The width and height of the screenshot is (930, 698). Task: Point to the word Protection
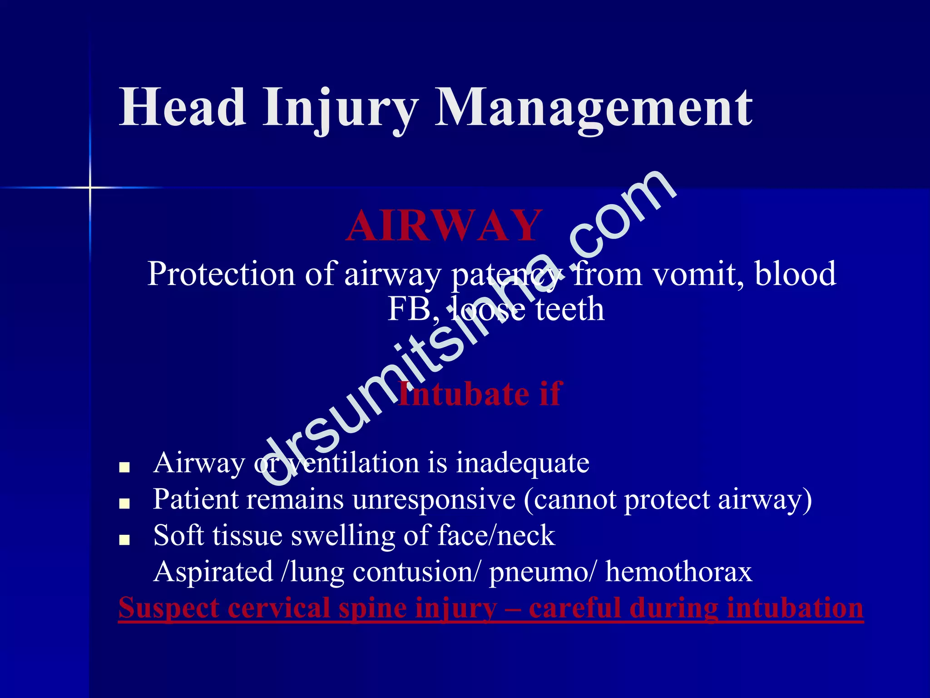221,274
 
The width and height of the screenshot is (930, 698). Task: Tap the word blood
795,274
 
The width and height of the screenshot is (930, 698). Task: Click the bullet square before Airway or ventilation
124,467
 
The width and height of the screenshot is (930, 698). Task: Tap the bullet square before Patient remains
124,504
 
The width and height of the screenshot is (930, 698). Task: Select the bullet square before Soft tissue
124,539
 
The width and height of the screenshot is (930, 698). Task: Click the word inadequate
522,463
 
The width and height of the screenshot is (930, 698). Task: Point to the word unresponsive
434,499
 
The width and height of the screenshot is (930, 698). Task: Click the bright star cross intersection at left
90,187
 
